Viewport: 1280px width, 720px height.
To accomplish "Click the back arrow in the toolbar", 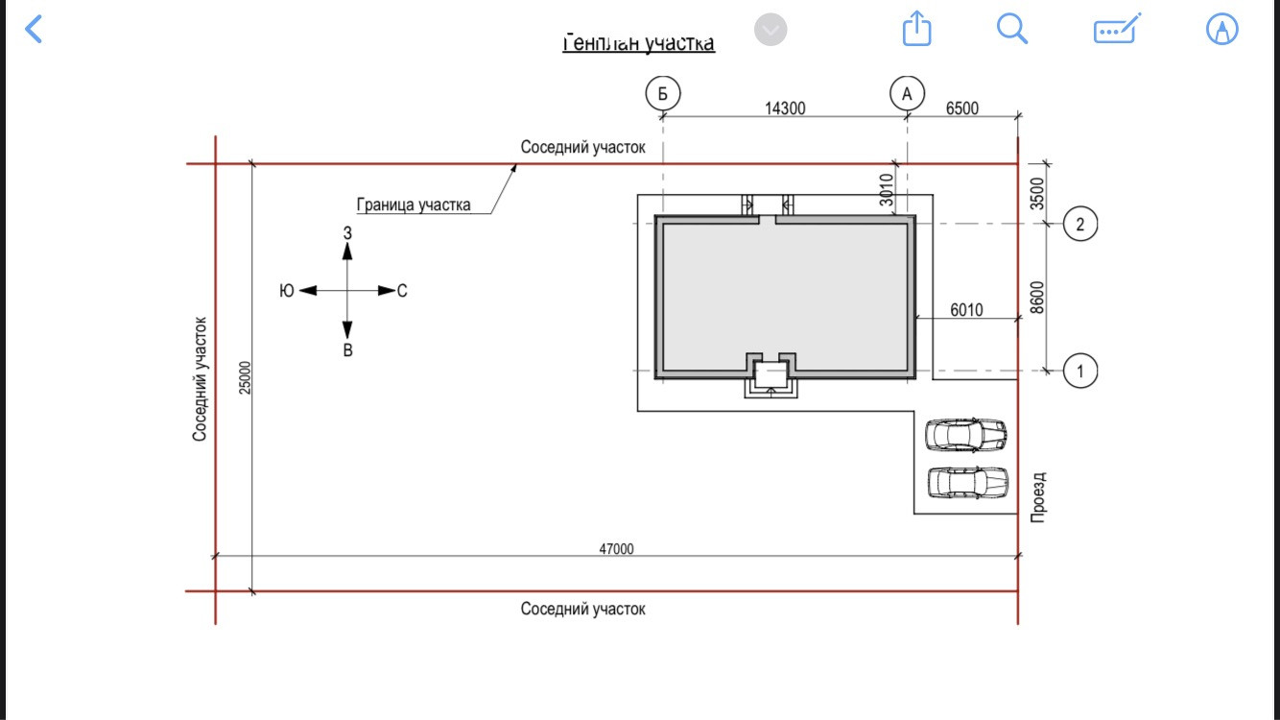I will [x=34, y=29].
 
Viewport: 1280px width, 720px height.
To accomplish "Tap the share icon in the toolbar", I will [x=917, y=28].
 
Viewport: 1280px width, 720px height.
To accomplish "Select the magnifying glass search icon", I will [x=1012, y=28].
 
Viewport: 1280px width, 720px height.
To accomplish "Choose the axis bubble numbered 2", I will [x=1080, y=225].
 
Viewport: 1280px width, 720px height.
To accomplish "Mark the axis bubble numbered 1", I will [x=1080, y=371].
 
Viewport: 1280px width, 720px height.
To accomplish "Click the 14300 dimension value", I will [x=785, y=108].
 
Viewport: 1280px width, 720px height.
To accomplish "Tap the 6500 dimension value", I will [x=962, y=108].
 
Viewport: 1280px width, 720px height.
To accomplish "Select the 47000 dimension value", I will [x=616, y=549].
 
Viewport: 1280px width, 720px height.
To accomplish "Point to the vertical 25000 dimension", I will [x=245, y=377].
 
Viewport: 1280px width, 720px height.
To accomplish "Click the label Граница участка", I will [x=414, y=204].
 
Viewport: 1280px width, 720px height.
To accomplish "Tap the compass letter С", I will [x=402, y=291].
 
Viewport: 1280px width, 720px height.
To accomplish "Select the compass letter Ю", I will [x=286, y=291].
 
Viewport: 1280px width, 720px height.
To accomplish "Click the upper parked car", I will [x=966, y=435].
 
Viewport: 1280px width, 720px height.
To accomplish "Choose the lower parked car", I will [x=967, y=483].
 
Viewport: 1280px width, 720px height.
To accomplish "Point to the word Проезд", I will [x=1038, y=496].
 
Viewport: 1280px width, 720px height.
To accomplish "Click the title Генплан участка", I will [x=638, y=44].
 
